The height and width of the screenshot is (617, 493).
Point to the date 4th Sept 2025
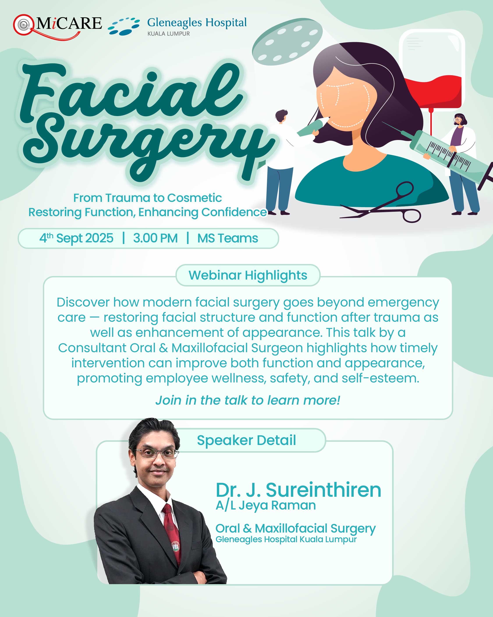[x=76, y=238]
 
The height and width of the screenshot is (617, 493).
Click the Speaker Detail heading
[x=246, y=440]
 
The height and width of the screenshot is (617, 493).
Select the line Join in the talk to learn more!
[x=248, y=400]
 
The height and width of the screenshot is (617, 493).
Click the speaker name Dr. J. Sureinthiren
[x=298, y=490]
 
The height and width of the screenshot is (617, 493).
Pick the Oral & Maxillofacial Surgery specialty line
[x=296, y=529]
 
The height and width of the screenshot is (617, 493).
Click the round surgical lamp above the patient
[x=287, y=41]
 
